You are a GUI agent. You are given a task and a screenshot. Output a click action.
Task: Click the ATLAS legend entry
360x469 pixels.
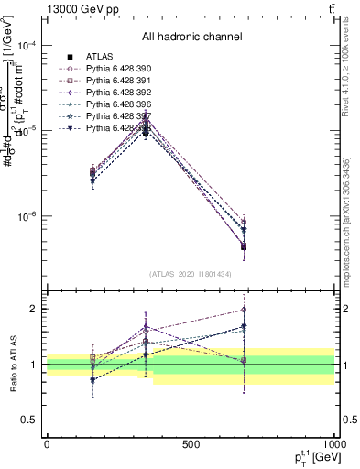99,57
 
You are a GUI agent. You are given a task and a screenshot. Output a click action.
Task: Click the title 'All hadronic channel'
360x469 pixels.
191,37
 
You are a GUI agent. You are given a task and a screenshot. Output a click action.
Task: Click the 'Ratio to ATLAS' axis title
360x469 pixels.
14,365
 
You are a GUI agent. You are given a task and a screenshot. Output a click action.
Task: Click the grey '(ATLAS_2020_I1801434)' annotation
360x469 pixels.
191,274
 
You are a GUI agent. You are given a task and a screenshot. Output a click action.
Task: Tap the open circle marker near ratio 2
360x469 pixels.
244,310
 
